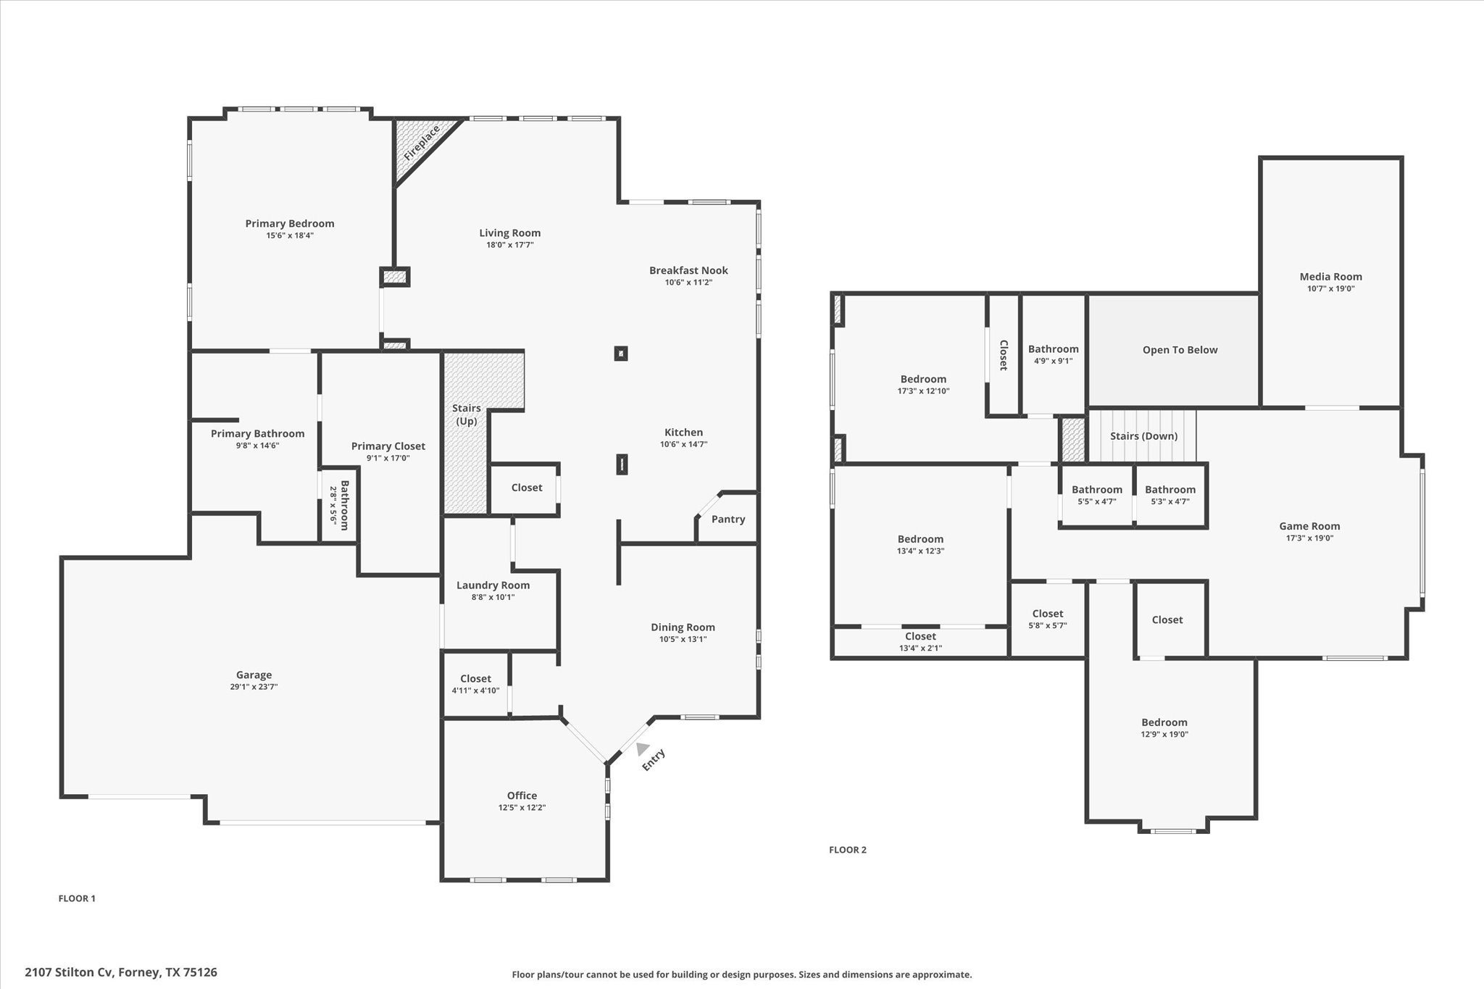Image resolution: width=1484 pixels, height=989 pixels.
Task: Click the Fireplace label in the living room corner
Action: point(422,143)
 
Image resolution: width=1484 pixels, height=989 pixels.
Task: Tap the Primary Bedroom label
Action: point(289,224)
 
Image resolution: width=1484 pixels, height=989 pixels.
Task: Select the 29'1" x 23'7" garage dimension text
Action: point(254,687)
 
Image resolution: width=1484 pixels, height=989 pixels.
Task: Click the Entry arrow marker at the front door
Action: point(642,749)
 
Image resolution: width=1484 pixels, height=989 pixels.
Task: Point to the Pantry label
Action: point(728,519)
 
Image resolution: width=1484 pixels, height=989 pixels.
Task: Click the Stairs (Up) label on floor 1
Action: point(466,414)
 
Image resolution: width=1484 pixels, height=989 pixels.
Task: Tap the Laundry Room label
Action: point(493,585)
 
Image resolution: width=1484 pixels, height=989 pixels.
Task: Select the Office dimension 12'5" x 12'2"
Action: point(522,808)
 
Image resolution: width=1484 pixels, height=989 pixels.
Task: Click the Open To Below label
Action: point(1180,350)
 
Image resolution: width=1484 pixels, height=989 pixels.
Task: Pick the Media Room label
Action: point(1330,277)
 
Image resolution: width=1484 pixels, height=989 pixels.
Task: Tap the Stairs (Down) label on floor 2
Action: point(1143,436)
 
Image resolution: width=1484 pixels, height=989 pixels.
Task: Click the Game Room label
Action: point(1309,527)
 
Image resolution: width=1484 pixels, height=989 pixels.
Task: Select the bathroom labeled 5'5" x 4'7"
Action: point(1096,495)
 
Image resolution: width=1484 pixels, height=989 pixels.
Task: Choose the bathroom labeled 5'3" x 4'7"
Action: point(1170,495)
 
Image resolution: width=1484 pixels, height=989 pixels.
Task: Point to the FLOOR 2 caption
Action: point(847,850)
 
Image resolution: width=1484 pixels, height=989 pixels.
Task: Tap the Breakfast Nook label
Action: point(688,271)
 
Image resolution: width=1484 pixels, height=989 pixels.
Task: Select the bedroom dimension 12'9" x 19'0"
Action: point(1164,735)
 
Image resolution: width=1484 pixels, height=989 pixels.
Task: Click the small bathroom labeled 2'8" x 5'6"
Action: point(339,505)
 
